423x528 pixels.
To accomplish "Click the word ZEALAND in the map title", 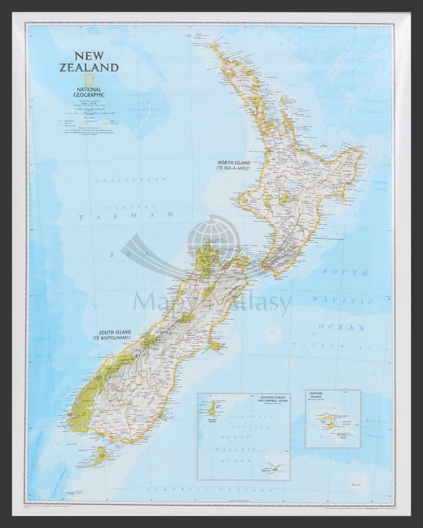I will click(89, 68).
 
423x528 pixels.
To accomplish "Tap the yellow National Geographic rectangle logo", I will click(89, 80).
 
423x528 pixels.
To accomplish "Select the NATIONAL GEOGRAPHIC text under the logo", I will click(89, 91).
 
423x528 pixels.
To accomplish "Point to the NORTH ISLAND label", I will click(233, 163).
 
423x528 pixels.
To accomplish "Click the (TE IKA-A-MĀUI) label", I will click(233, 169).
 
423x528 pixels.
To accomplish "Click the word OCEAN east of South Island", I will click(341, 327).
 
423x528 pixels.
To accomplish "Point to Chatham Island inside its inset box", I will click(329, 422).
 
